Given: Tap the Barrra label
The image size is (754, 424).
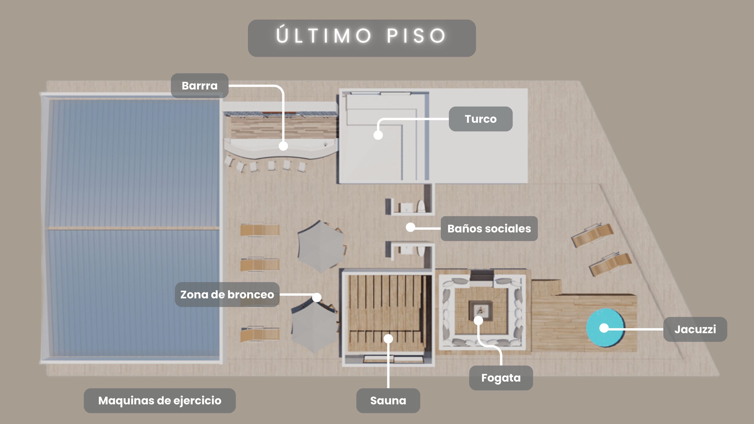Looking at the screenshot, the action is pos(199,86).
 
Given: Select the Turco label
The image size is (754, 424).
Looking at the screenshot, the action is pos(481,119).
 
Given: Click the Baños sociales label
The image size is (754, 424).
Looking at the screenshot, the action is pos(489,228).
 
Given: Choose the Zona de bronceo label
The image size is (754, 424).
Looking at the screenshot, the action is pos(227,294).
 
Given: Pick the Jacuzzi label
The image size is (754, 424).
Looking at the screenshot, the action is pos(695,329).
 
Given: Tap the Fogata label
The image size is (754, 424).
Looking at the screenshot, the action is pos(501,378).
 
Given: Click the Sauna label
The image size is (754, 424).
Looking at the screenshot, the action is pos(388,401).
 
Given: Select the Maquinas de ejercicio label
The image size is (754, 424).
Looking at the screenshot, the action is pos(160,401).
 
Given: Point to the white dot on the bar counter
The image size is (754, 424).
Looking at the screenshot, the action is pos(283,146).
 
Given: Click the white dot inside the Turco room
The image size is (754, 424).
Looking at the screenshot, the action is pos(378,135).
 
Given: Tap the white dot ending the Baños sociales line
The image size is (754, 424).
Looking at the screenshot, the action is pos(410,227).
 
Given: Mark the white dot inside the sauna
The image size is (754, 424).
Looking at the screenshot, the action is pos(388,339).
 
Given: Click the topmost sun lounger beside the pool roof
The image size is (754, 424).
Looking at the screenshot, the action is pos(260,230).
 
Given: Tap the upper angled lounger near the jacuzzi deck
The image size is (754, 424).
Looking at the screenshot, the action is pos(592,235).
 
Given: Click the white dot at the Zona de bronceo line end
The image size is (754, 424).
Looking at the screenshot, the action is pos(317,297).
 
